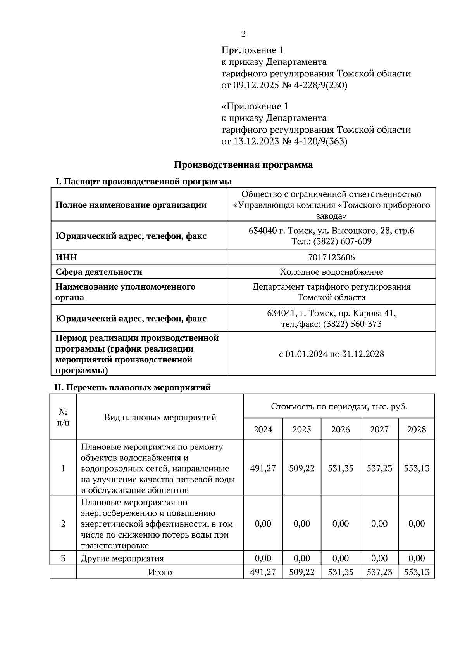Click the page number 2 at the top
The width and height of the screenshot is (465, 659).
tap(243, 34)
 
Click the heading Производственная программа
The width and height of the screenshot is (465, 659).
tap(243, 165)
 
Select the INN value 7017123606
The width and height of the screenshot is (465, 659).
tap(331, 258)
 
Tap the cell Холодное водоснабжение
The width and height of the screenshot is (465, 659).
tap(331, 272)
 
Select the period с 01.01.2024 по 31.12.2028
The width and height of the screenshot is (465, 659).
tap(331, 354)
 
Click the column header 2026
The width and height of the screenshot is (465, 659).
tap(340, 429)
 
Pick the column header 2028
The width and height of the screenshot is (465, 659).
tap(417, 429)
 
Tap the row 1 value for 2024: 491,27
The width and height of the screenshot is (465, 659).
tap(263, 468)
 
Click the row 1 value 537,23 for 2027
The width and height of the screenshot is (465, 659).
tap(379, 468)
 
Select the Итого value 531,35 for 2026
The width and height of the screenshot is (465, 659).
tap(340, 572)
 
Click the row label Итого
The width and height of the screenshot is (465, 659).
tap(160, 572)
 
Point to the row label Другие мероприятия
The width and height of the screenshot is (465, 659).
tap(122, 559)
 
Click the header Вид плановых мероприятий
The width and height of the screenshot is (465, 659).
tap(160, 418)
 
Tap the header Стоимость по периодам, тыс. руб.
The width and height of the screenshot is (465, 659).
tap(339, 407)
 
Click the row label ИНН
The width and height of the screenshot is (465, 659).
tap(66, 258)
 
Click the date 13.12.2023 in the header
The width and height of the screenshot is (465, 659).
tap(256, 142)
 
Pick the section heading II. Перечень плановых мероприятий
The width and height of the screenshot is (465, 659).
tap(132, 387)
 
